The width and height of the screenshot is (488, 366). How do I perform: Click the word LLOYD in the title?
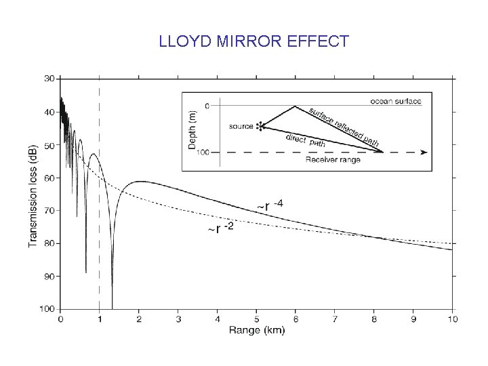[185, 41]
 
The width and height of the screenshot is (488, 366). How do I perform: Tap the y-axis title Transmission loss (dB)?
[33, 196]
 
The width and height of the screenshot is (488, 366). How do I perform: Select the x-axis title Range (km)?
[257, 330]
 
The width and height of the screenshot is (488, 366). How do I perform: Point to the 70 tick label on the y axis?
[49, 211]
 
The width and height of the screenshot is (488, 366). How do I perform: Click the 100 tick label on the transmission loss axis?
[47, 309]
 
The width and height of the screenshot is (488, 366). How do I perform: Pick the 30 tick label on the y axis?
[49, 79]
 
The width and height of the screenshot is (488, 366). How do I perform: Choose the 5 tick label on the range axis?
[256, 319]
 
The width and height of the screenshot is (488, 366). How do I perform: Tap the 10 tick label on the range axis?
[453, 319]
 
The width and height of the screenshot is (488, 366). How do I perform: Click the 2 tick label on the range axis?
[139, 319]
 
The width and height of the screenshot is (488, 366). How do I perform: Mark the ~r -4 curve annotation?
[270, 206]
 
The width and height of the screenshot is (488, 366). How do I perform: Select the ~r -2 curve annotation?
[221, 228]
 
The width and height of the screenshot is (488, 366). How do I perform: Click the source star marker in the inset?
[260, 126]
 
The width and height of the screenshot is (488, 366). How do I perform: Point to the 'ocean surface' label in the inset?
[396, 101]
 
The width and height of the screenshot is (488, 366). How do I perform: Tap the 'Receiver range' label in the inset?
[333, 160]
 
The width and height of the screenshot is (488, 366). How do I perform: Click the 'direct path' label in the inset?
[305, 141]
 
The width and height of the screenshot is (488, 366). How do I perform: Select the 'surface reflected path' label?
[344, 127]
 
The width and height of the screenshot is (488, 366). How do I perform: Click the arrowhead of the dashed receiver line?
[424, 152]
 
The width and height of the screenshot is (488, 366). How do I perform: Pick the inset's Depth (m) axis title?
[192, 129]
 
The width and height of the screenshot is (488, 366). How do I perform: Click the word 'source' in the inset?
[241, 126]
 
